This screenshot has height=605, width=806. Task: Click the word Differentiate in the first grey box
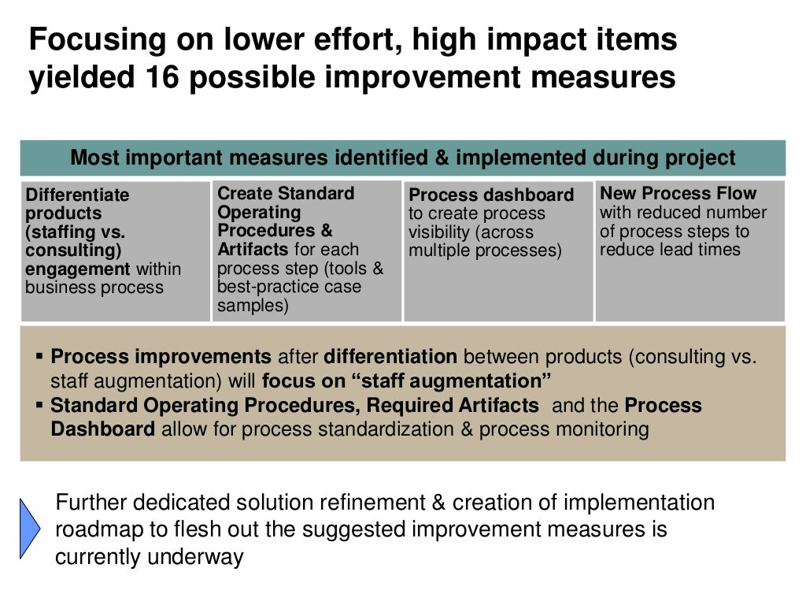point(77,195)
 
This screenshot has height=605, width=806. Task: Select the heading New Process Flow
point(678,193)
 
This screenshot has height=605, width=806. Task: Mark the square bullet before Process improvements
point(39,356)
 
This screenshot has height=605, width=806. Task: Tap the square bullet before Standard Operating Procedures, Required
point(39,406)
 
